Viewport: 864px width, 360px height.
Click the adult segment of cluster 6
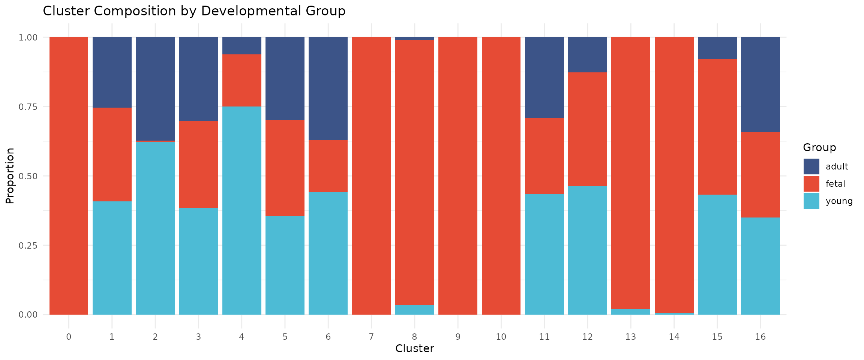coord(328,88)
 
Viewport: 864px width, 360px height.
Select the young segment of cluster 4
coord(241,210)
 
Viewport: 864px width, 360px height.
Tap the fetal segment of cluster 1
coord(112,154)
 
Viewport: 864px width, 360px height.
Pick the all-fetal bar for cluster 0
coord(69,175)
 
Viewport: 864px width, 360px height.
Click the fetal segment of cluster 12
coord(588,129)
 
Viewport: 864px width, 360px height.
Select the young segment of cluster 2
coord(155,228)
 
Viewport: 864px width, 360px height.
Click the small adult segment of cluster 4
coord(241,46)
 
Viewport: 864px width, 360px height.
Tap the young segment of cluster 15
coord(717,254)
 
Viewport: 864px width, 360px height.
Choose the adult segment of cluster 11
coord(544,78)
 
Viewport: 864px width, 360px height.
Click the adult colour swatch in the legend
coord(811,166)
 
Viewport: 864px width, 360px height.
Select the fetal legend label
coord(835,184)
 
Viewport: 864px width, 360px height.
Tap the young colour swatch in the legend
coord(811,201)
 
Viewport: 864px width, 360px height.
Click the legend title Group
coord(819,147)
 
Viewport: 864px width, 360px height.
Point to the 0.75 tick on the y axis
coord(28,106)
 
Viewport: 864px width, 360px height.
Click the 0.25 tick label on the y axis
coord(28,245)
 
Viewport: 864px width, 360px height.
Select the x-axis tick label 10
coord(501,337)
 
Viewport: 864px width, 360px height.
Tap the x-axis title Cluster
coord(414,349)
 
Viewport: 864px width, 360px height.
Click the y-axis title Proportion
coord(10,175)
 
